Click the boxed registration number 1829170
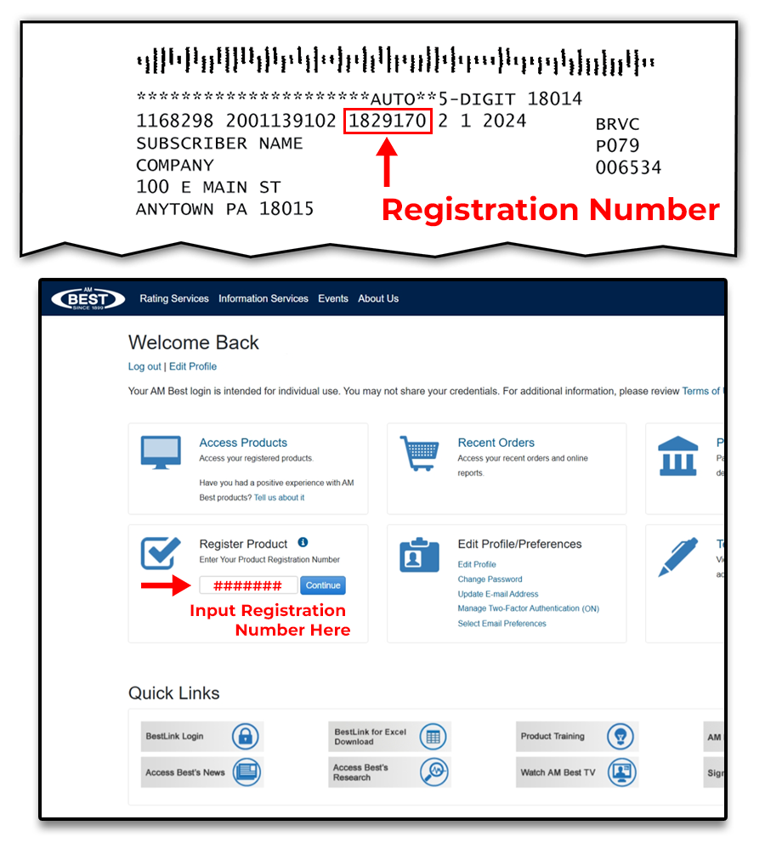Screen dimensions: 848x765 [x=388, y=121]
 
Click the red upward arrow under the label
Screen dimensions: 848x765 [x=387, y=162]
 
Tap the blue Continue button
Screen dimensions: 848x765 [x=323, y=585]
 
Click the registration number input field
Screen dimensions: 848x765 [x=248, y=585]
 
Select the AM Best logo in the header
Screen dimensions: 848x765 [x=88, y=298]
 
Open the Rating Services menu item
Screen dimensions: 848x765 [x=174, y=298]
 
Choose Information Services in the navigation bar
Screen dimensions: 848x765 [x=263, y=298]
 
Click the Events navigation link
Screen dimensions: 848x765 [x=333, y=298]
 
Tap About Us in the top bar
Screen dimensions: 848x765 [x=378, y=298]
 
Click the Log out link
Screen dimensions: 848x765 [x=144, y=366]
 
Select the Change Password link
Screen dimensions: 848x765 [x=490, y=579]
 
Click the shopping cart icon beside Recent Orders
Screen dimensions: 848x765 [x=419, y=455]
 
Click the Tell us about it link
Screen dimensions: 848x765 [x=279, y=497]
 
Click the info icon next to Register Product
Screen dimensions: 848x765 [x=303, y=543]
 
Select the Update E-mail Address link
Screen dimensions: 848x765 [x=498, y=594]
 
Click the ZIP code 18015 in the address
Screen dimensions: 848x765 [x=286, y=209]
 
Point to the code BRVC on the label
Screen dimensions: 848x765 [x=618, y=124]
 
